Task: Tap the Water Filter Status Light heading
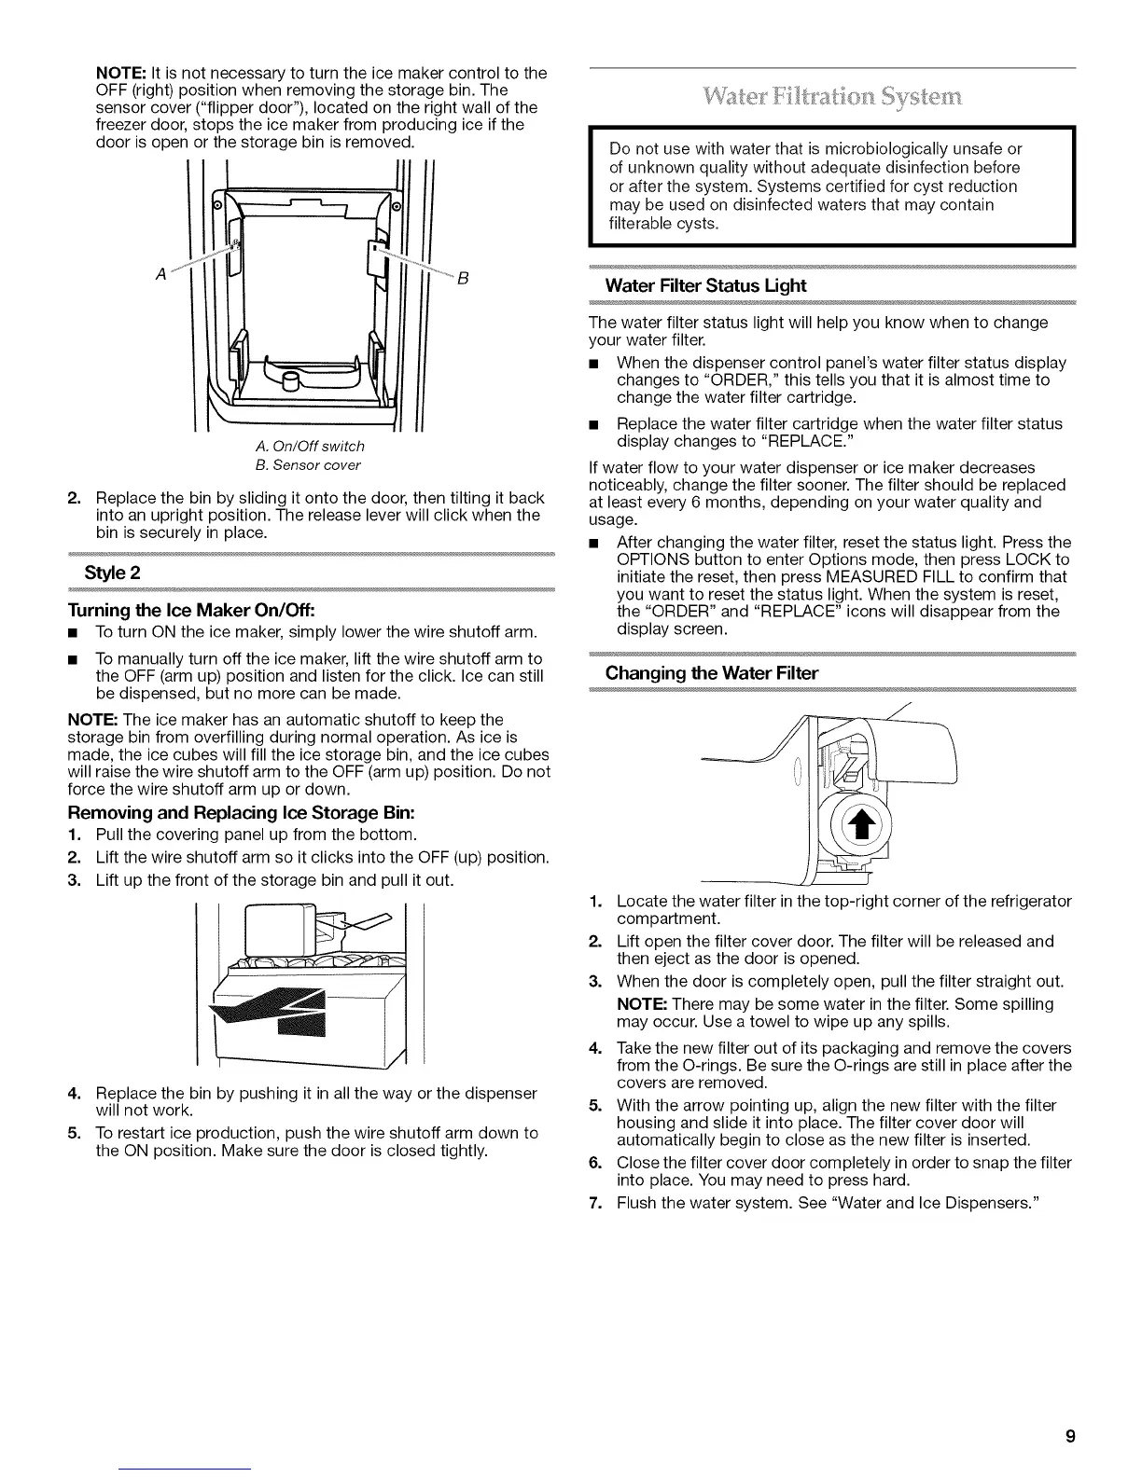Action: pyautogui.click(x=705, y=285)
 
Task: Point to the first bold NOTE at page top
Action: pyautogui.click(x=117, y=73)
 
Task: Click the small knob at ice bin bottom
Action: pyautogui.click(x=290, y=382)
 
